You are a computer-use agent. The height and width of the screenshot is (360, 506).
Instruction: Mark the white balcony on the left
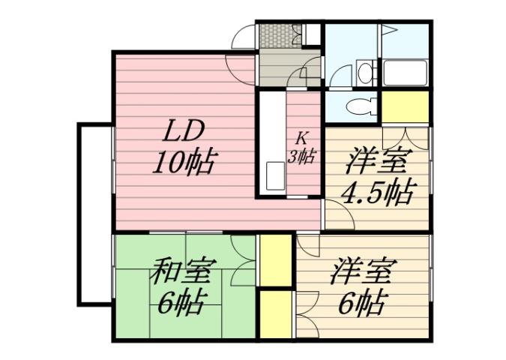coord(94,213)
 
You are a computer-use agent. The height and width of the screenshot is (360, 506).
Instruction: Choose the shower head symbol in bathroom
coord(390,31)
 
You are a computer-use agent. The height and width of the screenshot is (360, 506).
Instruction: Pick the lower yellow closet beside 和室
coord(276,313)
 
